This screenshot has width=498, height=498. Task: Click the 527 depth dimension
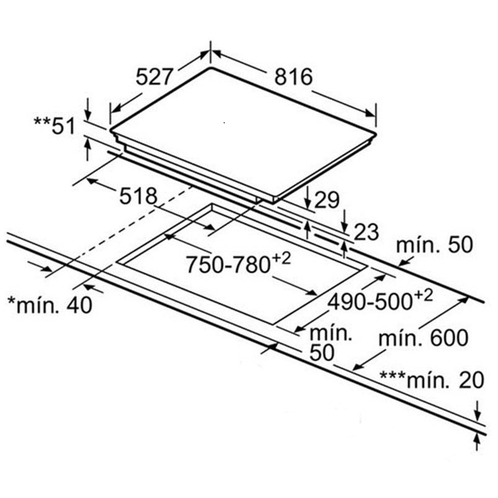[154, 77]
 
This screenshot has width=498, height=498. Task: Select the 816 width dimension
[293, 77]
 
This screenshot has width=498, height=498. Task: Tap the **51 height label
[54, 126]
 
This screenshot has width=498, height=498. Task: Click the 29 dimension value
[326, 200]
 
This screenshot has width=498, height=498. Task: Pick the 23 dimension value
[366, 232]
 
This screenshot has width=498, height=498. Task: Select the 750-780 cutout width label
[228, 265]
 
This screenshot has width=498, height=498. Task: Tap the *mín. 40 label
[50, 305]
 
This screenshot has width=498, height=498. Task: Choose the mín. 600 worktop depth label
[423, 337]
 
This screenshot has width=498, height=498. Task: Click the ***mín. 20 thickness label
[432, 380]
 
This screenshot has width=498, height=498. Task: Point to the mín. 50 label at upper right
[435, 245]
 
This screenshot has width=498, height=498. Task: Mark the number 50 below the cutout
[322, 352]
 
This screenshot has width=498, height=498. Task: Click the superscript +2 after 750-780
[281, 259]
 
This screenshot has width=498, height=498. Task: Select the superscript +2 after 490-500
[423, 296]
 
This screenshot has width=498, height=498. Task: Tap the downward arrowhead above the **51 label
[88, 115]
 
